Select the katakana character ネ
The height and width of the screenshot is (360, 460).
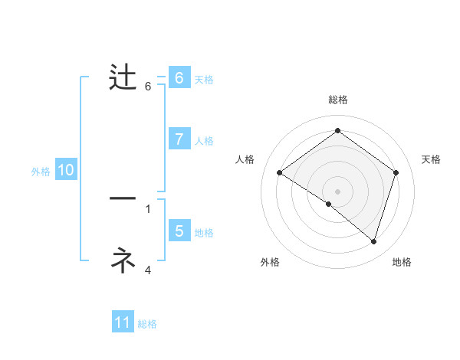pos(123,260)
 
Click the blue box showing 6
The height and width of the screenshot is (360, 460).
pos(179,78)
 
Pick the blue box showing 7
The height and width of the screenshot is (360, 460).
pos(179,139)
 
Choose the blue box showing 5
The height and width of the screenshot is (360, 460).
pos(179,231)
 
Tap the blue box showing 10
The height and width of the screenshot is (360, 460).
pos(65,170)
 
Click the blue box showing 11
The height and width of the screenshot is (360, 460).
pos(123,322)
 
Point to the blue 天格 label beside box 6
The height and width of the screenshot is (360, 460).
pos(204,79)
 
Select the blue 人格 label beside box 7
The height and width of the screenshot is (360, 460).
pos(204,141)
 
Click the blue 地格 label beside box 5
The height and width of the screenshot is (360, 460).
pos(204,233)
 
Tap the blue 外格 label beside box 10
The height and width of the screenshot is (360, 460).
pos(41,172)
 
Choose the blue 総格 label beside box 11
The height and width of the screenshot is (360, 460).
pos(147,324)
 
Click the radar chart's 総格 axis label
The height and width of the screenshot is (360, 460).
pos(337,100)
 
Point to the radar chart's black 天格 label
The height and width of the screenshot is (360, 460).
pos(431,159)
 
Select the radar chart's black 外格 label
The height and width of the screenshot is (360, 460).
pos(270,262)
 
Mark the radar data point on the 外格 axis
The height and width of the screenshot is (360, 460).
pos(329,204)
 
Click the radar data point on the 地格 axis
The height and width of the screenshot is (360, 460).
pos(374,241)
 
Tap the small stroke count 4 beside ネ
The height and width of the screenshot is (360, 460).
pos(148,270)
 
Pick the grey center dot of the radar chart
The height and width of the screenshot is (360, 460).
pos(337,191)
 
